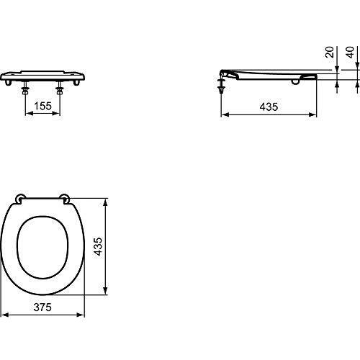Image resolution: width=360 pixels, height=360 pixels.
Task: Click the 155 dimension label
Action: click(42, 105)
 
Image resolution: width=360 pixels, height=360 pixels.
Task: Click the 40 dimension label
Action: click(351, 53)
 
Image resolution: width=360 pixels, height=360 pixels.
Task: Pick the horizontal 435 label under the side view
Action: click(269, 106)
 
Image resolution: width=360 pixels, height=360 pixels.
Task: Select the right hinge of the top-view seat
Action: click(66, 198)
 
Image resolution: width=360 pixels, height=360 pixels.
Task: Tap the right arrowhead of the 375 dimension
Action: click(84, 314)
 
